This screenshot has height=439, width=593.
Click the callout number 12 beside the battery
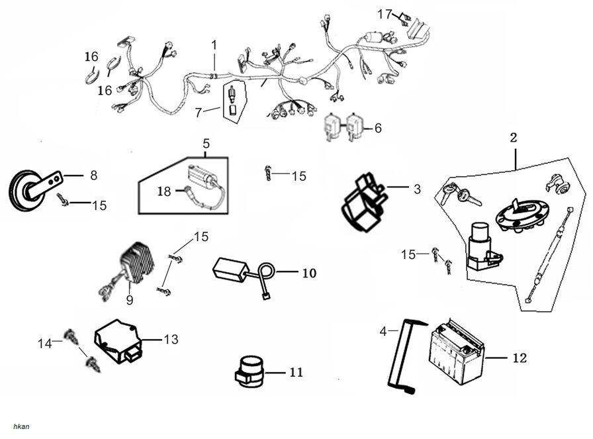point(520,358)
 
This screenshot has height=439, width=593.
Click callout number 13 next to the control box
point(171,340)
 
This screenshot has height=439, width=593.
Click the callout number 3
point(417,189)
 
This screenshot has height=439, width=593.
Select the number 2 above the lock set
point(513,138)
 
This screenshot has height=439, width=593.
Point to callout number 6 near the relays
point(378,128)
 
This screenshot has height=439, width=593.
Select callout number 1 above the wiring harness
point(214,45)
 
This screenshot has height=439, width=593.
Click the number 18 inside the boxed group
point(164,191)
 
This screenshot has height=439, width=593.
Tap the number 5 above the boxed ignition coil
point(206,143)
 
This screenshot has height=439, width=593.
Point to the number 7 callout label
point(198,113)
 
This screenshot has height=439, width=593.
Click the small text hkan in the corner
point(21,426)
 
